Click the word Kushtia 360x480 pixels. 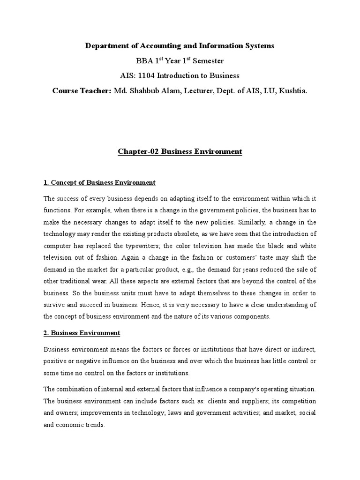tap(293, 90)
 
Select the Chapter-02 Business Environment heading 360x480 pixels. tap(180, 151)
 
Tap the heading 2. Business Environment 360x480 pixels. tap(82, 333)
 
